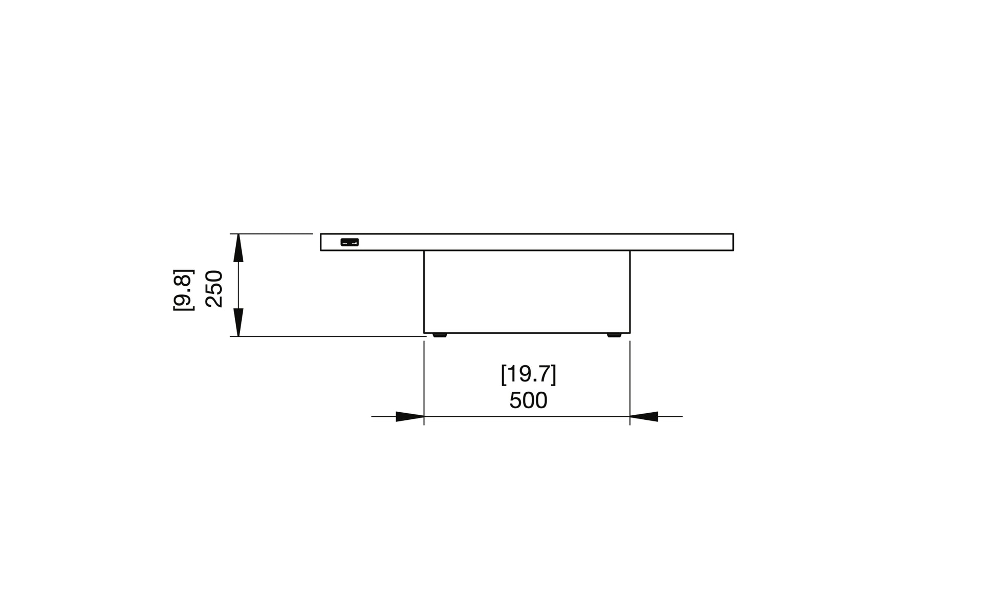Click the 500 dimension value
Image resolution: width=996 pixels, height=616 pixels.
528,400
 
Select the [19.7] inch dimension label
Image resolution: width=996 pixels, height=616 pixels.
528,374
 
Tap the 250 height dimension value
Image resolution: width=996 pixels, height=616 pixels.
214,289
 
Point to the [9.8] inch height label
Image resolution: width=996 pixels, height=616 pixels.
183,290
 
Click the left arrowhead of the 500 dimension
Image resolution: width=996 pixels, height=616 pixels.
410,417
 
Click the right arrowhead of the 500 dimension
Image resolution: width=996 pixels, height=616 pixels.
644,417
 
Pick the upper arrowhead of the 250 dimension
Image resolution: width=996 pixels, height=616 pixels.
239,248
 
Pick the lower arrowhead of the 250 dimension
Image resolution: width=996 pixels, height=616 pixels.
239,322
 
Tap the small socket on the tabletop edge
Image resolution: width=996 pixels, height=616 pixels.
350,242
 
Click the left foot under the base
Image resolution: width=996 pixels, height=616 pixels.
439,335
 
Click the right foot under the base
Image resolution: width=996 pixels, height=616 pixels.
614,335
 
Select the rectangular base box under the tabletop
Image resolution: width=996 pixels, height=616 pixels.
527,292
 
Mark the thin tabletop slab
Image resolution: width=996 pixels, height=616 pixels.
527,242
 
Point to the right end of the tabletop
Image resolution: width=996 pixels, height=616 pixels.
732,242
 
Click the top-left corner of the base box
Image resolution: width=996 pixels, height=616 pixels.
424,251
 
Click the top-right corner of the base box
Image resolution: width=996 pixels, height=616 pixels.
630,251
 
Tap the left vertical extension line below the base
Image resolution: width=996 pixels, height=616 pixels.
424,379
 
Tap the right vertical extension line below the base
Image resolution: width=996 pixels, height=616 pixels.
630,379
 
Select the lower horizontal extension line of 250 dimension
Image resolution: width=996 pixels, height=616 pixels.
328,336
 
